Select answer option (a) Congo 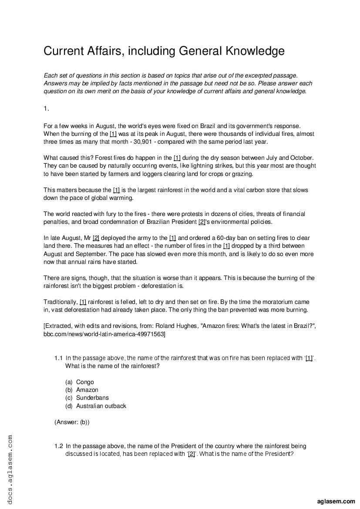coord(85,382)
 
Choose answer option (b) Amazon coord(87,390)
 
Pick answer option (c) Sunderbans coord(92,398)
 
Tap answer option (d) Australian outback coord(101,406)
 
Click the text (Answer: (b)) coord(72,422)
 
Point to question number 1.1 coord(59,358)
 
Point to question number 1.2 coord(59,446)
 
